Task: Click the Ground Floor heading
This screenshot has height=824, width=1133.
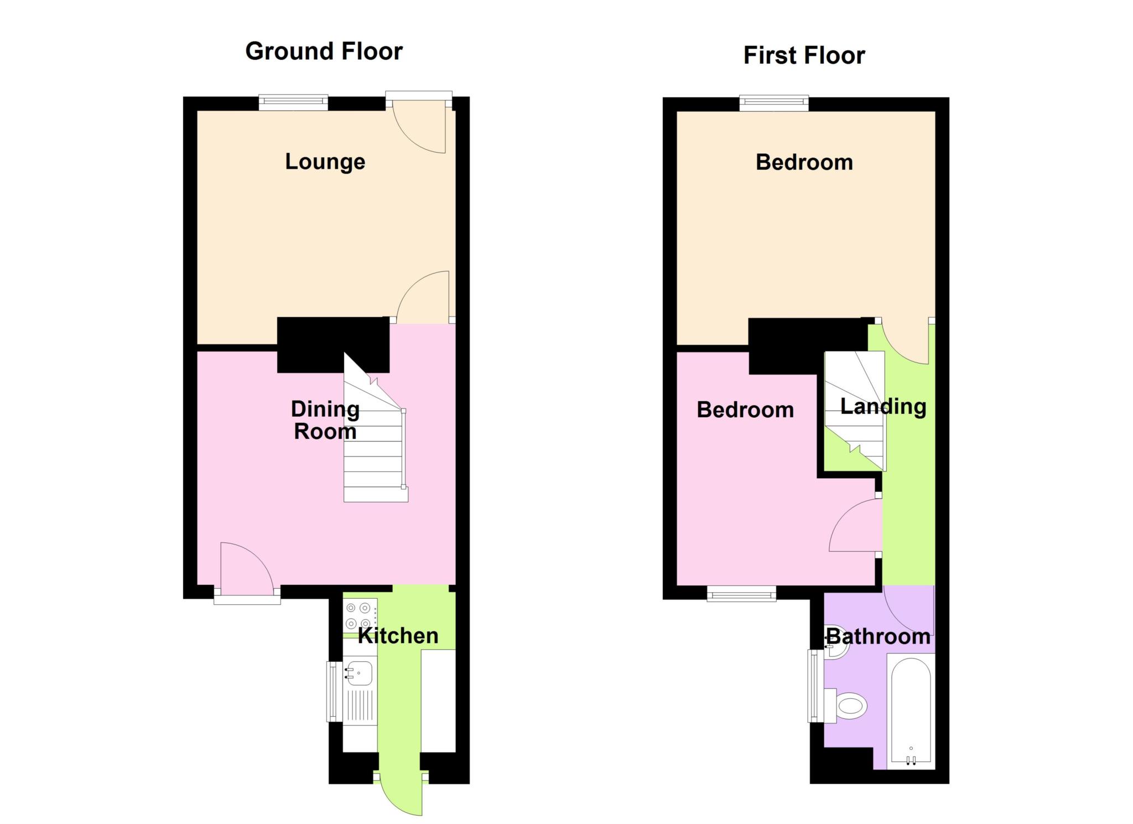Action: tap(324, 51)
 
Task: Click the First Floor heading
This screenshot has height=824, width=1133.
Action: tap(804, 55)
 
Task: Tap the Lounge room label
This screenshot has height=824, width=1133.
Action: tap(325, 162)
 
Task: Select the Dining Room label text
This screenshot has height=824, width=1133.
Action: tap(325, 420)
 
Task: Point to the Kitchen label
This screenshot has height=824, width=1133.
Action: tap(398, 636)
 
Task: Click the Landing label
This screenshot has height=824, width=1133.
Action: tap(883, 407)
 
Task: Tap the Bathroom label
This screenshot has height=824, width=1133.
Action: tap(878, 636)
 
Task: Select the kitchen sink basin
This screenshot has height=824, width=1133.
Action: tap(359, 673)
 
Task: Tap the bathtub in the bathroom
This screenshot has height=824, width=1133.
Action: tap(911, 712)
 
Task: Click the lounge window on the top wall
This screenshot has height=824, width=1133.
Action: tap(293, 102)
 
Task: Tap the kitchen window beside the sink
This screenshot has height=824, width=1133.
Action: tap(333, 691)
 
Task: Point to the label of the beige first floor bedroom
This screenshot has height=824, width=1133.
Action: tap(804, 163)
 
